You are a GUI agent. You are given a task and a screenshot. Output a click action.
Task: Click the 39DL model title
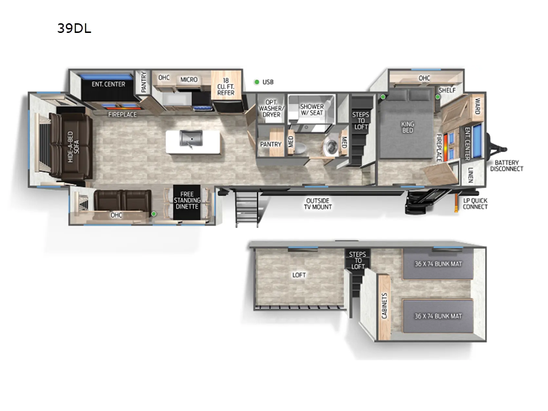(75, 29)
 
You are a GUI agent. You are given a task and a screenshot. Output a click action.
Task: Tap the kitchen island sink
(189, 140)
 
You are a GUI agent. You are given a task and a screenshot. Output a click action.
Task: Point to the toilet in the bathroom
(332, 145)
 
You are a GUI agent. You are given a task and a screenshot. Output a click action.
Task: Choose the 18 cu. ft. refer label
(225, 87)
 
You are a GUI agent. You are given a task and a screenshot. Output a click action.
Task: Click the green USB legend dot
(256, 82)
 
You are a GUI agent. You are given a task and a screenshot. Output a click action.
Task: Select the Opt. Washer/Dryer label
(272, 109)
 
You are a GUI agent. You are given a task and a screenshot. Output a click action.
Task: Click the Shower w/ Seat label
(311, 109)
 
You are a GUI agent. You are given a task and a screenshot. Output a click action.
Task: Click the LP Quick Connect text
(475, 203)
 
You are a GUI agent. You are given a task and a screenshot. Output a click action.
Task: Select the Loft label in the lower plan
(299, 275)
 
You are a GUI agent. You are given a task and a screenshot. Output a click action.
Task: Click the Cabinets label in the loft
(384, 306)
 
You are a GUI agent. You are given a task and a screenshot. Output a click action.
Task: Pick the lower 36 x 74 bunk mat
(438, 316)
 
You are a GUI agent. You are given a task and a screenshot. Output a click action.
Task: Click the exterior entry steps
(247, 208)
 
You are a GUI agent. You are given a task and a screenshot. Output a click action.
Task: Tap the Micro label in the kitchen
(189, 79)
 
